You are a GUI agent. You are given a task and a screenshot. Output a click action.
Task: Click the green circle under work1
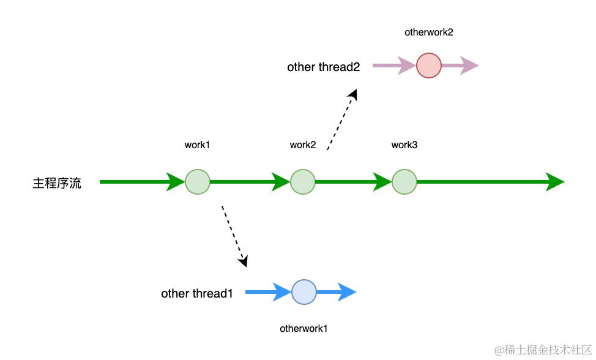198,182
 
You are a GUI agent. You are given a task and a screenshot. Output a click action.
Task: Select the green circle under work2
303,182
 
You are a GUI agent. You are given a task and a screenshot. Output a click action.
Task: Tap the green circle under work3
404,182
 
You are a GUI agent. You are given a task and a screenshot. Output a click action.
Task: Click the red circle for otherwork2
429,66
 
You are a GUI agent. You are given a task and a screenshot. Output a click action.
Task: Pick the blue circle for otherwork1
304,293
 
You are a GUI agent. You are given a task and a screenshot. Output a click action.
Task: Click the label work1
197,145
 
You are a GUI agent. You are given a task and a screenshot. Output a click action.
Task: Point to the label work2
303,145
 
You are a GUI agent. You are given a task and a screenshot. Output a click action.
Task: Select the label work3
404,145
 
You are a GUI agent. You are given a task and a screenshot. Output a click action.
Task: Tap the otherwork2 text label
429,32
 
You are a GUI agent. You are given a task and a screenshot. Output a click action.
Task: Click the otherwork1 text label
304,328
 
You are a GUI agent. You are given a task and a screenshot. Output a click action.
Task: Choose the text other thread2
324,67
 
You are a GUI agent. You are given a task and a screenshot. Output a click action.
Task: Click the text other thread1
197,294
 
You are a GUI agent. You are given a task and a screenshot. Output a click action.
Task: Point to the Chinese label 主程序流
57,183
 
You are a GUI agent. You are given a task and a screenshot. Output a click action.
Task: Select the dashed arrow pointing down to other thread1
234,236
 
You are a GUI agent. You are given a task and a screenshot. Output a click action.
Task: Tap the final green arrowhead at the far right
554,182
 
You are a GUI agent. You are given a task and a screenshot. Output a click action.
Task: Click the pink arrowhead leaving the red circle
469,66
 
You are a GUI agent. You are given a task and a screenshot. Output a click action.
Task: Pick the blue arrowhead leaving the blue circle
347,293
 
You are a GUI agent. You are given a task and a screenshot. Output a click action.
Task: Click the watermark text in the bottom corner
543,350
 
